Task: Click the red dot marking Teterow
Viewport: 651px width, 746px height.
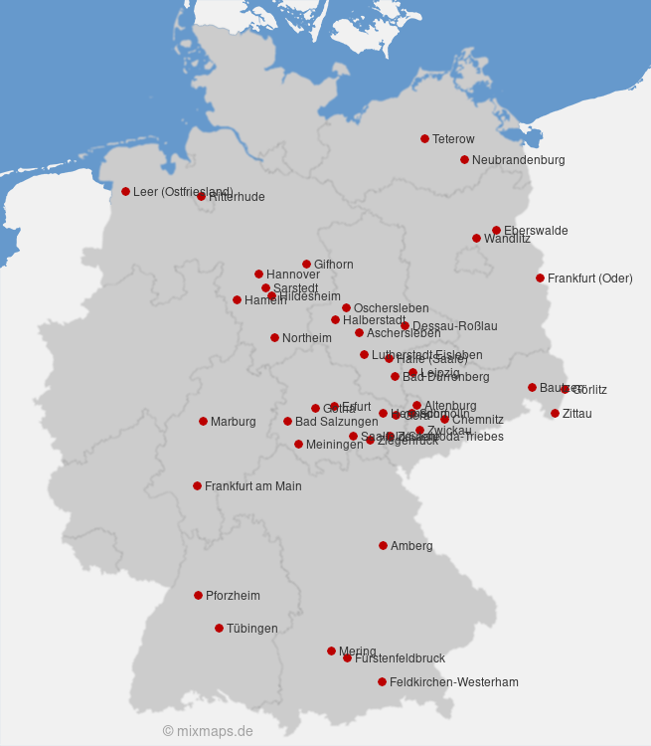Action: point(424,138)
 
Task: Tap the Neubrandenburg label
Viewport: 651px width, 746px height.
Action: point(518,160)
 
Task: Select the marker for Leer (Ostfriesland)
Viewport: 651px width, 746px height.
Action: point(125,191)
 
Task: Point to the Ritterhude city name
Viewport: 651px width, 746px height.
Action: point(237,197)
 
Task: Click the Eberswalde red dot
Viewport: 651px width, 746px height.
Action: point(496,230)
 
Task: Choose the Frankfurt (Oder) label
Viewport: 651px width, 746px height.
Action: point(589,279)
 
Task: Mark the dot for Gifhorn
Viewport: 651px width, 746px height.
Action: point(306,264)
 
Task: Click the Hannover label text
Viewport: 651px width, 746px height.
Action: point(293,275)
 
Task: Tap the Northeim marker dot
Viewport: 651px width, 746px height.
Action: point(274,337)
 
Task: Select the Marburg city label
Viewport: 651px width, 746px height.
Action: point(233,422)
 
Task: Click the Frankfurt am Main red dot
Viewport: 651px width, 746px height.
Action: point(197,485)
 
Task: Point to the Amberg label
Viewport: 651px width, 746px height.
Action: point(411,546)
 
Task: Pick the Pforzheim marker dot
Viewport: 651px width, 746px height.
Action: point(198,595)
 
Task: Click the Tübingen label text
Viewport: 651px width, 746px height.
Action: point(251,629)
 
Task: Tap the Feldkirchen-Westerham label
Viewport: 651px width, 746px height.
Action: point(453,682)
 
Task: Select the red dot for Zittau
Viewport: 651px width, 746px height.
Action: point(555,413)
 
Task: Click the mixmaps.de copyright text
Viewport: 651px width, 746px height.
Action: point(208,731)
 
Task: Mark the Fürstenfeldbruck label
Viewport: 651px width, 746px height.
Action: point(400,658)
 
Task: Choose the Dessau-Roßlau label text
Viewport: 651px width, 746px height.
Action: point(454,326)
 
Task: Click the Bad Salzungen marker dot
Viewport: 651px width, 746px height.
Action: point(287,421)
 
